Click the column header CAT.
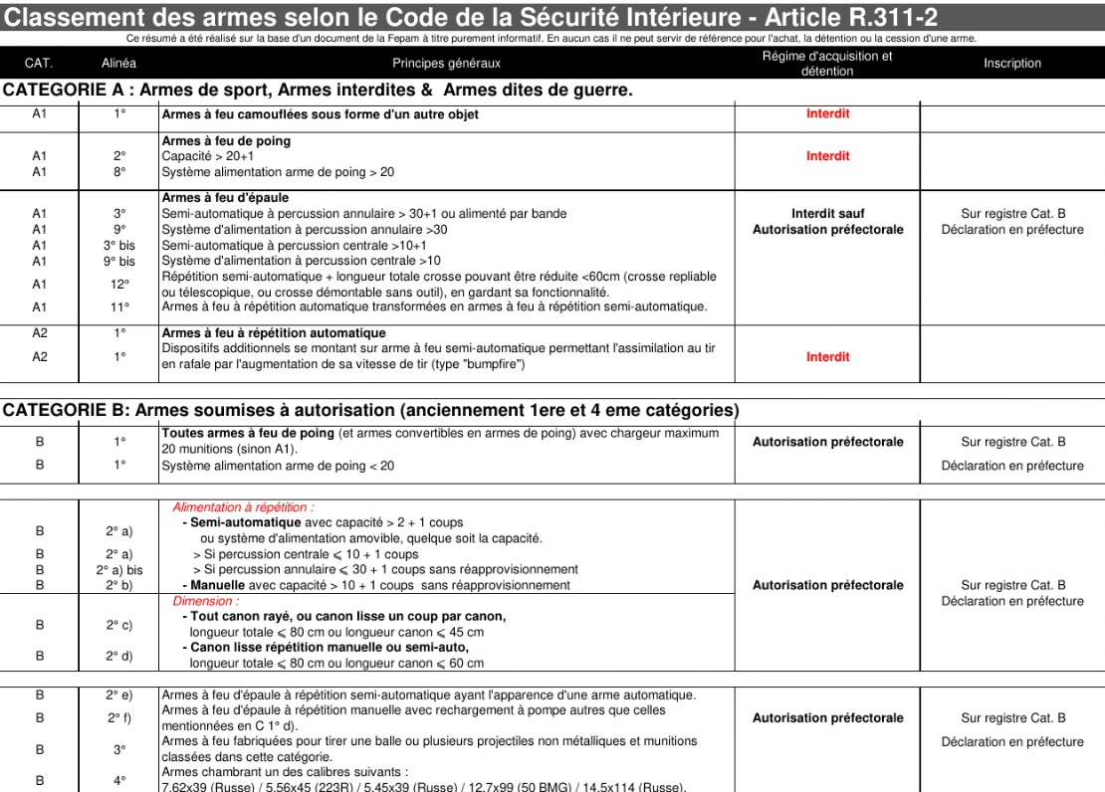click(x=39, y=63)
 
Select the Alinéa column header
click(x=119, y=63)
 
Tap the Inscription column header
click(x=1011, y=63)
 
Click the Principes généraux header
click(x=446, y=63)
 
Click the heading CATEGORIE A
click(x=318, y=91)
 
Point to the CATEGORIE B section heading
click(x=370, y=410)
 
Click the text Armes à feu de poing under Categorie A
click(x=226, y=141)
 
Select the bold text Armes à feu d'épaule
click(x=225, y=198)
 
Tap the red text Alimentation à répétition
click(x=243, y=507)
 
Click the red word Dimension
click(x=206, y=601)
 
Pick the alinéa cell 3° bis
click(x=119, y=246)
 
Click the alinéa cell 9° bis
click(x=119, y=262)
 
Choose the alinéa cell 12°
click(x=119, y=285)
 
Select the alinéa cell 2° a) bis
click(x=119, y=570)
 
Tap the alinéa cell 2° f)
click(x=119, y=718)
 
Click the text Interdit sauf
click(x=827, y=214)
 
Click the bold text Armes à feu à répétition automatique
click(x=274, y=333)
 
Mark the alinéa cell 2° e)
click(x=119, y=695)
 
